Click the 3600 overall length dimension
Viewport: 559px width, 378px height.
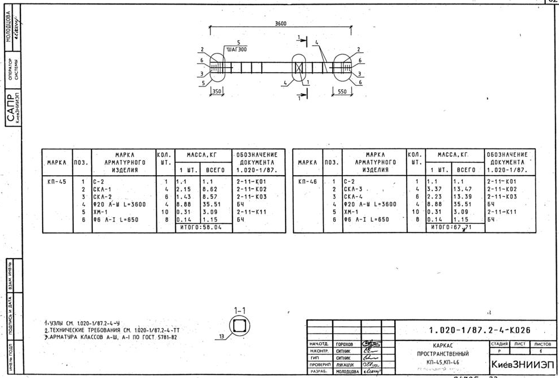[280, 24]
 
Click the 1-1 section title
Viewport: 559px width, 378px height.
[239, 311]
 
